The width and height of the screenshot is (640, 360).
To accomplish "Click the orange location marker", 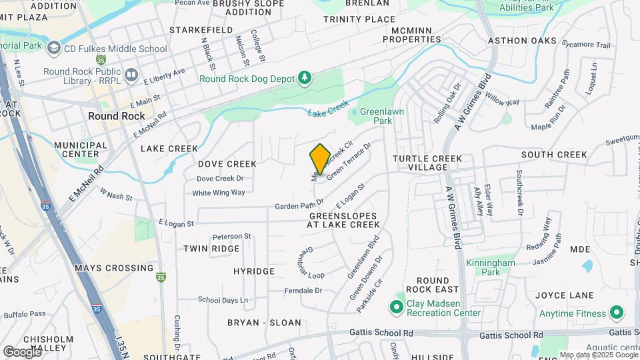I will tap(320, 159).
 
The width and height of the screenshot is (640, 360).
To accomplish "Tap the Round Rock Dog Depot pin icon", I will tap(305, 78).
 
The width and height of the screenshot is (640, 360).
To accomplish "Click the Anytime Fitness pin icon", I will tap(617, 313).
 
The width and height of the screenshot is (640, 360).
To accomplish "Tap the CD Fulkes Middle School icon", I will tap(53, 48).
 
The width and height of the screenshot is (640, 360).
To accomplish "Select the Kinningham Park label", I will tap(491, 267).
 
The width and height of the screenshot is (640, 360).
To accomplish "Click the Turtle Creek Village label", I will tap(427, 163).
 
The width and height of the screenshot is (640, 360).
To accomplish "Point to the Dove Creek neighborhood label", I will tap(227, 163).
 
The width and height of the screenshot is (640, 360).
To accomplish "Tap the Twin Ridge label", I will tap(211, 248).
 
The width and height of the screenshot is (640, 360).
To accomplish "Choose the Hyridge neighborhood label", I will tap(254, 271).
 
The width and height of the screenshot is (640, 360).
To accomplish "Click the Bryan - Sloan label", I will tap(264, 323).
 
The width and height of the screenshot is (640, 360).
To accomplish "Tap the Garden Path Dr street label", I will tap(299, 205).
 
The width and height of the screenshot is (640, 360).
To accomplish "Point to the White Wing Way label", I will tap(219, 193).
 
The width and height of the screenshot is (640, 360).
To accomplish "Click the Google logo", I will tap(22, 351).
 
